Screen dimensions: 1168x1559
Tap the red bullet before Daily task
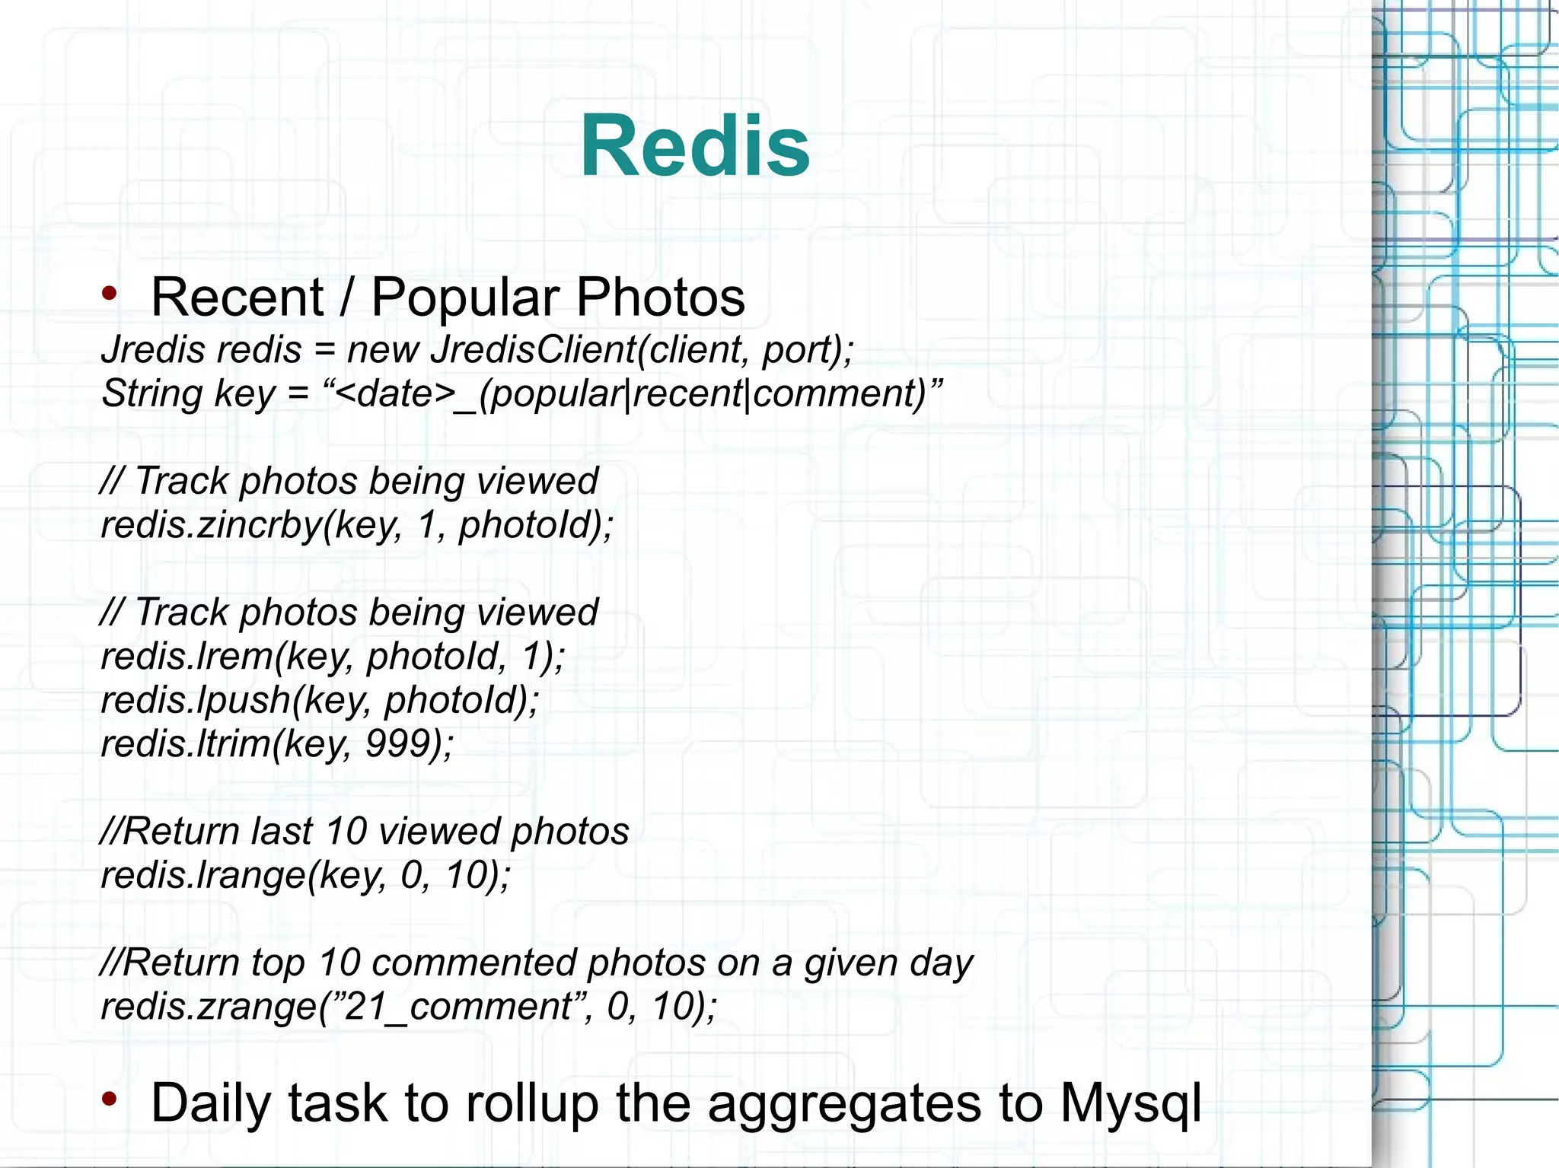[110, 1099]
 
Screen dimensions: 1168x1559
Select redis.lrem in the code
[187, 656]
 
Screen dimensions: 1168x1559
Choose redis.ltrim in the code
[187, 743]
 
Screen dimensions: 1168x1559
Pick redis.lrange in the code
[202, 875]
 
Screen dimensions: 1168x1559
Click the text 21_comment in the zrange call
[457, 1007]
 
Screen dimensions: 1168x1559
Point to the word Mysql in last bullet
[1130, 1103]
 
